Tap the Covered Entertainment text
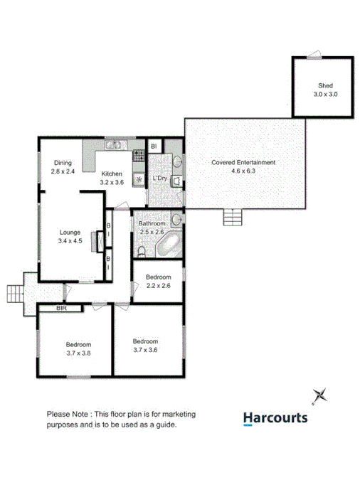243,162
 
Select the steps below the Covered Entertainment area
233,216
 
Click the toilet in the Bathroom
141,252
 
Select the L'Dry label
160,178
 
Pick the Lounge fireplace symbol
102,245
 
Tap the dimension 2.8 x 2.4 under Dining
63,171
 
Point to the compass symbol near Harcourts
320,395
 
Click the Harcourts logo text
275,418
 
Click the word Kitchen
112,174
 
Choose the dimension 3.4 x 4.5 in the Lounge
70,241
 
